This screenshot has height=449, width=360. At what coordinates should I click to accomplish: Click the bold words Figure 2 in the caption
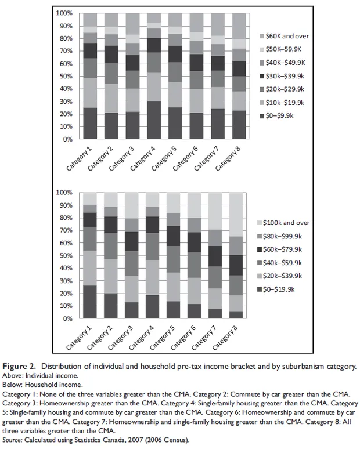point(21,367)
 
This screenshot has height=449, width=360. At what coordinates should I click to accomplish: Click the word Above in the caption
point(14,375)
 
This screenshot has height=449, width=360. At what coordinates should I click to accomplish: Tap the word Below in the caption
point(14,384)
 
